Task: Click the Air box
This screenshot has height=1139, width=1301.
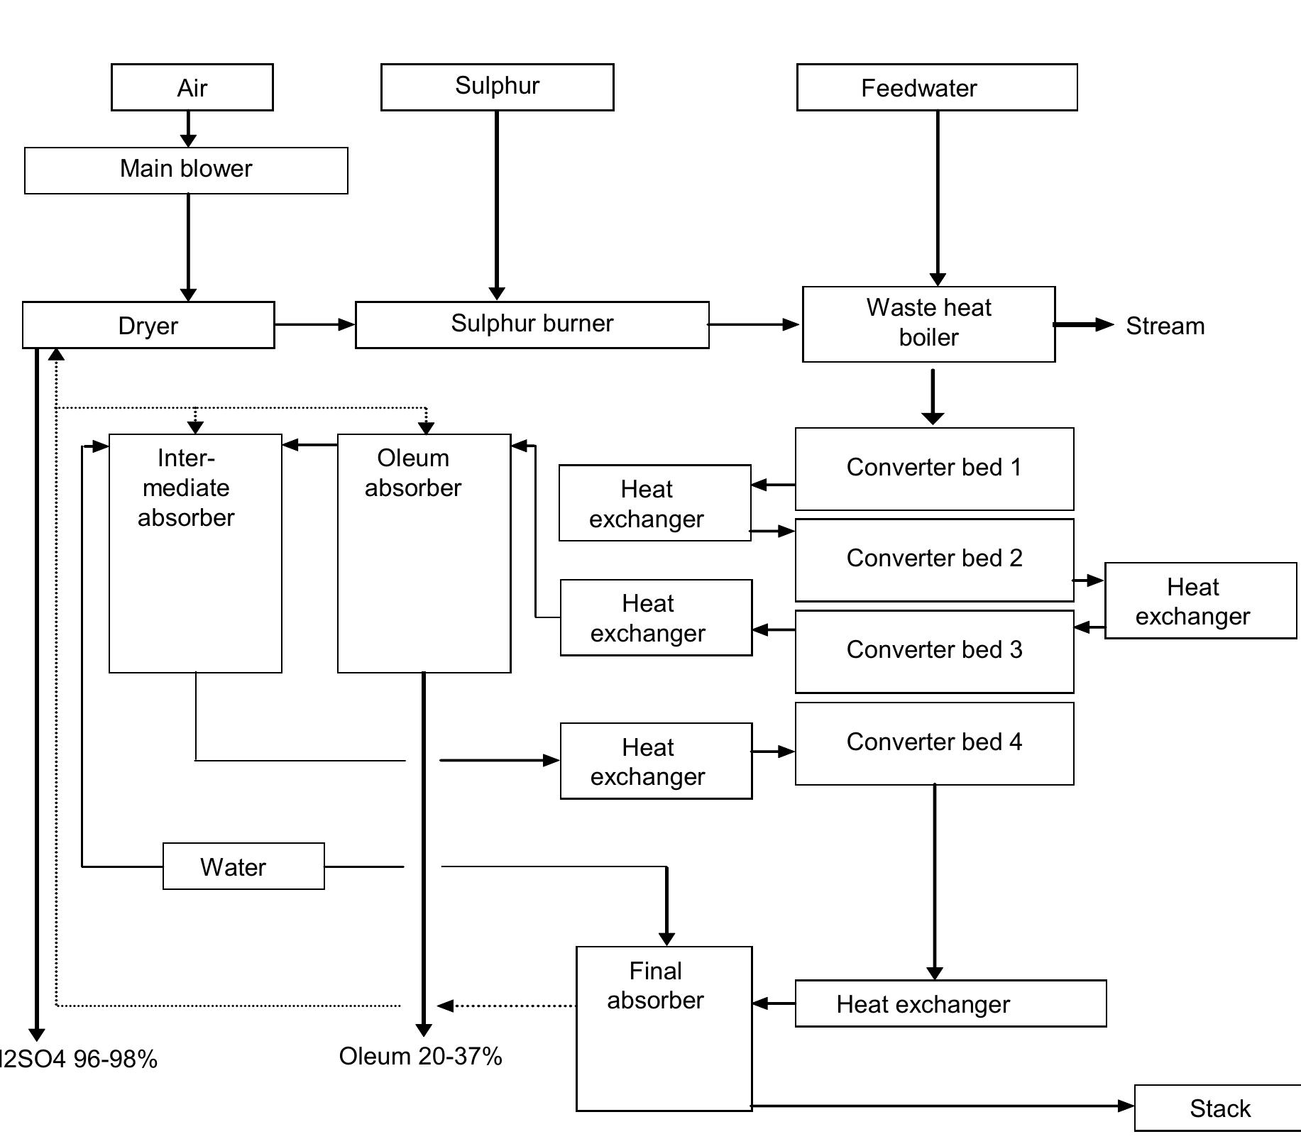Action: coord(192,87)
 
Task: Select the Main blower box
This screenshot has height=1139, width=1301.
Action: coord(186,170)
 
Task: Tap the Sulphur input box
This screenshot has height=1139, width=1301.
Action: coord(497,87)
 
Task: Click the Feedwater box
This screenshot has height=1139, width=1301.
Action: coord(936,87)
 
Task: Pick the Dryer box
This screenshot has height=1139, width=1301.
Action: coord(148,325)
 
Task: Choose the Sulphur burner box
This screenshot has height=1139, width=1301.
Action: coord(532,324)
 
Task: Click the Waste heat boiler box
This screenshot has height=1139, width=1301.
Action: coord(928,324)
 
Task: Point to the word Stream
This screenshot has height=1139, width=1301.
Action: coord(1165,326)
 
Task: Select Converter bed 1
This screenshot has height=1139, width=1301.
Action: coord(934,468)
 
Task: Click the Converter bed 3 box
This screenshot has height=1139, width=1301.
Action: coord(934,651)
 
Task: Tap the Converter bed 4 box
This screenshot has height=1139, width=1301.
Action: coord(934,743)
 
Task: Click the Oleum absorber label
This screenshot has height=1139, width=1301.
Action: coord(413,473)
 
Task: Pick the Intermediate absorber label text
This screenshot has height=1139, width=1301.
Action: coord(186,488)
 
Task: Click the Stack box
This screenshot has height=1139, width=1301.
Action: coord(1219,1108)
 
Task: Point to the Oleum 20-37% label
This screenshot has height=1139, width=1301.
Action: coord(420,1056)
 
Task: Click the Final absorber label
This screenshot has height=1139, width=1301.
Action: coord(655,985)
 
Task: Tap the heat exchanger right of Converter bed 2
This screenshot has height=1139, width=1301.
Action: coord(1200,600)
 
